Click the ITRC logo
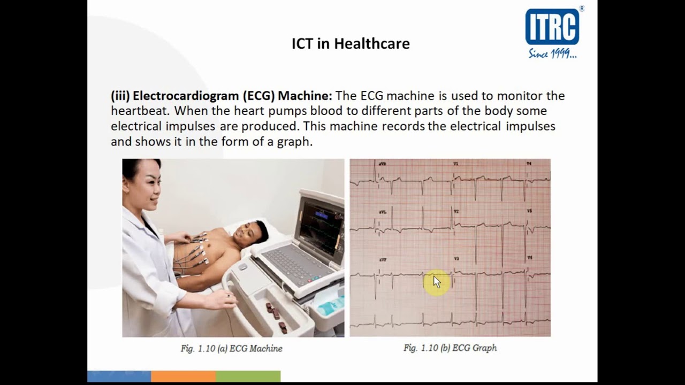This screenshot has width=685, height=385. (552, 26)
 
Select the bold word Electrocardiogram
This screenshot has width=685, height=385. (186, 96)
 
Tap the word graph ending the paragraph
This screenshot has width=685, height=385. (294, 142)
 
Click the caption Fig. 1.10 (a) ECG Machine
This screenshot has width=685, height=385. (231, 349)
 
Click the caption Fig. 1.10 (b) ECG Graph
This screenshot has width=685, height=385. (450, 348)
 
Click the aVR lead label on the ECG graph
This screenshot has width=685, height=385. (382, 164)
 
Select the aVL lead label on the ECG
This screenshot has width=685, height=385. (382, 212)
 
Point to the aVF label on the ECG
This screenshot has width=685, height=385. (383, 259)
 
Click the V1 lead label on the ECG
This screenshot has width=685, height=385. (456, 164)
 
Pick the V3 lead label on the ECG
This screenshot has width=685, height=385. (456, 259)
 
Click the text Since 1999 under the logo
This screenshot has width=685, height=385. (552, 53)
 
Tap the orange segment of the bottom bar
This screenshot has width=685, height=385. (183, 376)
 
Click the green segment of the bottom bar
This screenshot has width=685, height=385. (248, 376)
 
